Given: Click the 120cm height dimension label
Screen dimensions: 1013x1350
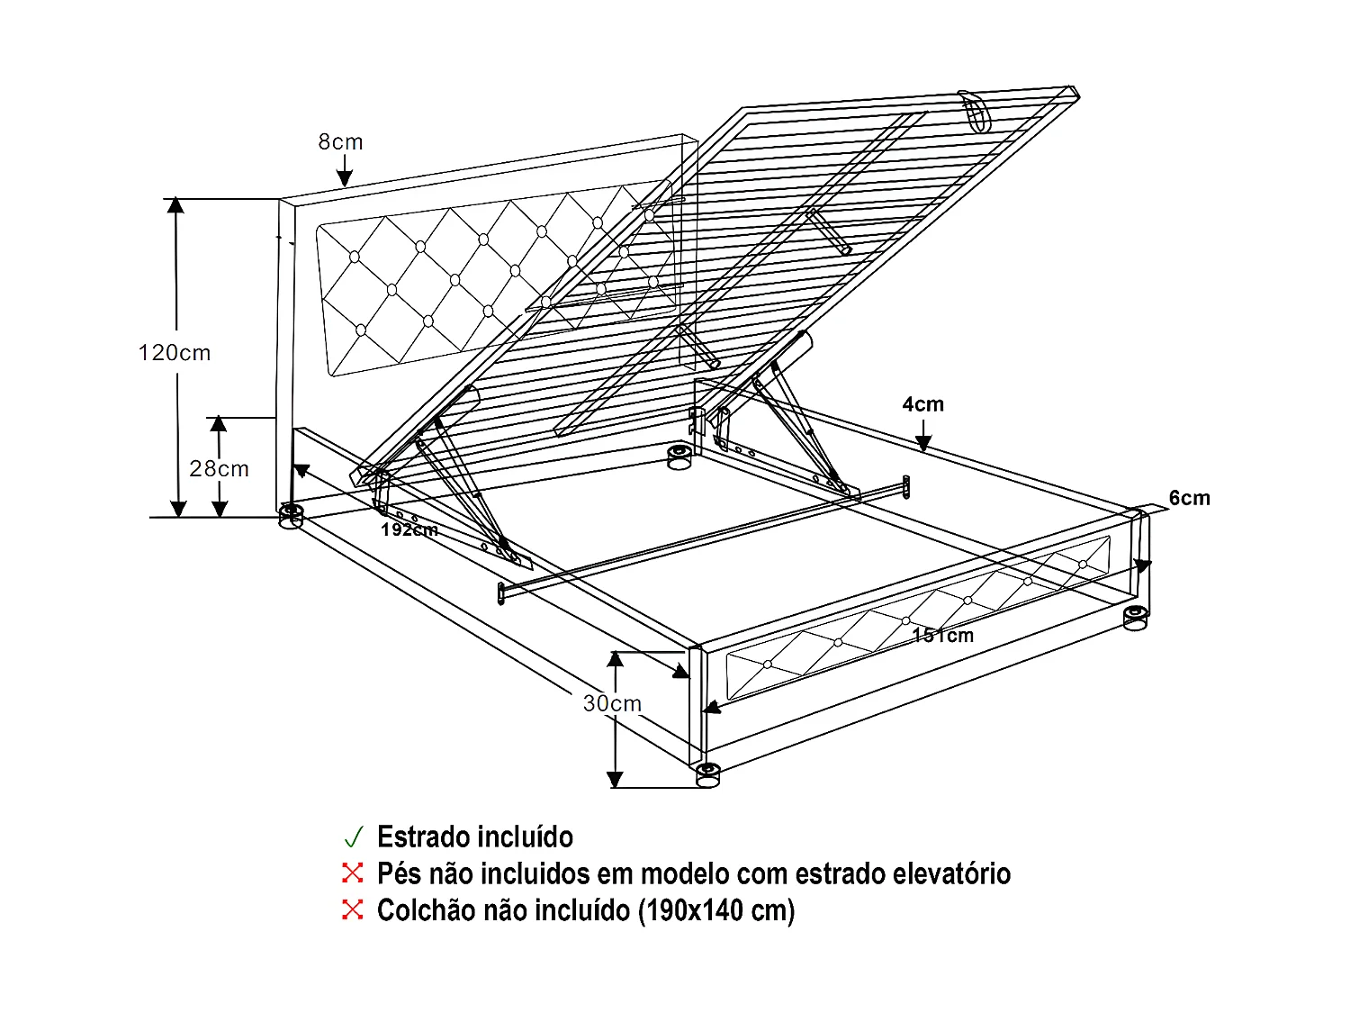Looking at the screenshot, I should (x=175, y=353).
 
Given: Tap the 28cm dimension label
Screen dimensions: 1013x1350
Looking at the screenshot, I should (x=219, y=468).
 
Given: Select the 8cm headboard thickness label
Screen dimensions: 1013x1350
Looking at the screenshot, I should (x=340, y=142).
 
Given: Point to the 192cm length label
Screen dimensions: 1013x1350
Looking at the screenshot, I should (x=409, y=529).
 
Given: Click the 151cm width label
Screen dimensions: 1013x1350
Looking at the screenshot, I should (x=942, y=635).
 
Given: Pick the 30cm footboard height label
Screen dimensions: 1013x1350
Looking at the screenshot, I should (x=612, y=703).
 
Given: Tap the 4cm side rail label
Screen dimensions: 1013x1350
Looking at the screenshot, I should (x=923, y=404).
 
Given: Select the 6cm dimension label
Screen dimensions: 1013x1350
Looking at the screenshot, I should (x=1189, y=498).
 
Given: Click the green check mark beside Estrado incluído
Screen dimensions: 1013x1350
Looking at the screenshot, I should (x=353, y=837).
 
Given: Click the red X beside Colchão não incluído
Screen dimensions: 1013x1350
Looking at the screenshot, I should (x=352, y=909).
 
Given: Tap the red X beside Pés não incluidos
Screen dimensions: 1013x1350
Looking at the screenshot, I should (x=352, y=873).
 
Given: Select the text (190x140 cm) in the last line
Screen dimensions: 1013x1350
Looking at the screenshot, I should (x=716, y=910).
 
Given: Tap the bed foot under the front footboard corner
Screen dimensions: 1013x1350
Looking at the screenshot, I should (x=708, y=773).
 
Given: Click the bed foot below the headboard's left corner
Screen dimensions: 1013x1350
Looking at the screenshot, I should (x=291, y=516).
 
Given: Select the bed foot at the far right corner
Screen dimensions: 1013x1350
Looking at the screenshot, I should (x=1135, y=618).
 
